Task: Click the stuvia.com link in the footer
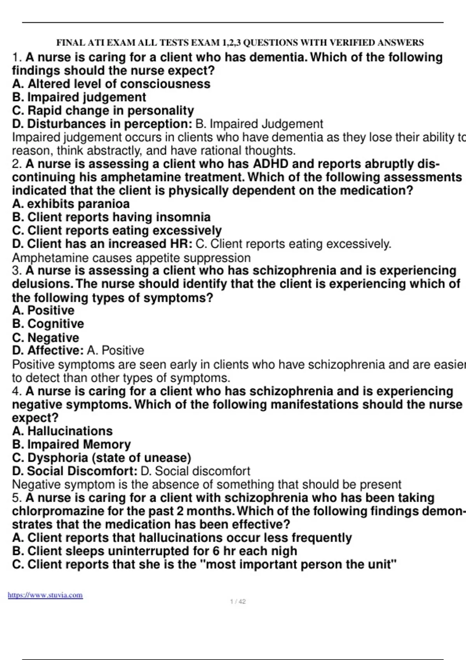tap(45, 595)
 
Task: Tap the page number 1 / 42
tap(238, 602)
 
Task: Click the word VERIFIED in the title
tap(348, 42)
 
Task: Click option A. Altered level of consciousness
tap(111, 84)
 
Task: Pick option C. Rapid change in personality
tap(103, 111)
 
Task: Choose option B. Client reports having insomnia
tap(111, 217)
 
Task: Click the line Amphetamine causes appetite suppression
tap(131, 258)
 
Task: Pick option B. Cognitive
tap(48, 324)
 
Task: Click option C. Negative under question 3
tap(45, 337)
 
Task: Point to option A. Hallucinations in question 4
tap(62, 431)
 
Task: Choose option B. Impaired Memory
tap(71, 444)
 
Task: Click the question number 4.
tap(16, 391)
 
